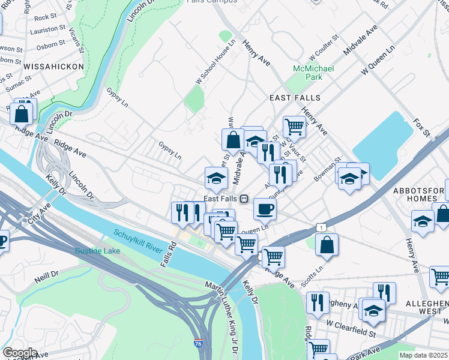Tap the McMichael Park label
307,73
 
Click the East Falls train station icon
244,199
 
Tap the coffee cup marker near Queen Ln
265,208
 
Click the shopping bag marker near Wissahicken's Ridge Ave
22,112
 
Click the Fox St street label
422,128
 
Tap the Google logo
20,352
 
